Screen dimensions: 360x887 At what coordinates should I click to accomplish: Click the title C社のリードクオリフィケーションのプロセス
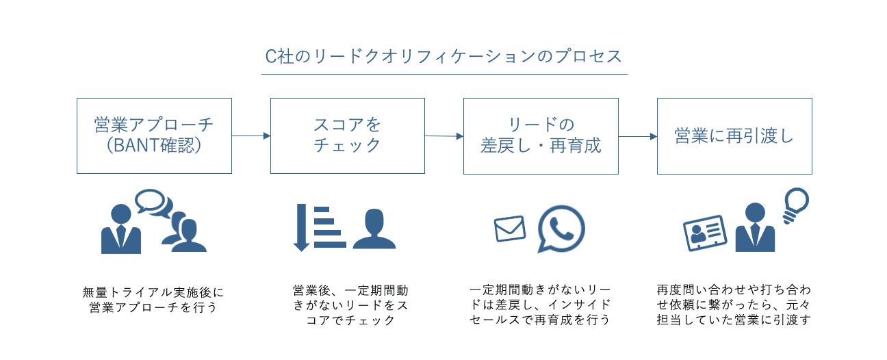tap(443, 56)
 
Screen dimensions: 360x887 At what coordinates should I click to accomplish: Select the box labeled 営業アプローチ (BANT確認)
tap(154, 136)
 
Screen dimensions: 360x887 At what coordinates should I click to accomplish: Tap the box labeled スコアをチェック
tap(347, 136)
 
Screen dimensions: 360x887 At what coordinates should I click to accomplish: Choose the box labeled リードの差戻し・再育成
tap(541, 136)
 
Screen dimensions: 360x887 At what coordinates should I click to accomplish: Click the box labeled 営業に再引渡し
tap(734, 136)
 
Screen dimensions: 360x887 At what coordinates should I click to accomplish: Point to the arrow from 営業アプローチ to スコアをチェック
tap(251, 136)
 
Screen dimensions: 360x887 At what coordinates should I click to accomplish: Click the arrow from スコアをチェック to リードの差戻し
tap(444, 136)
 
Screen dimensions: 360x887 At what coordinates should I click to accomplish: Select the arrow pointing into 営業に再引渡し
tap(638, 136)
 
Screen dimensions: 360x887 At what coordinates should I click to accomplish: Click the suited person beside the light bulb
tap(755, 229)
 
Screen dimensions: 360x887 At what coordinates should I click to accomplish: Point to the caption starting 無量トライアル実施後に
tap(154, 300)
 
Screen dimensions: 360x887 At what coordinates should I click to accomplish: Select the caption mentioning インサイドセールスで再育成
tap(541, 305)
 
